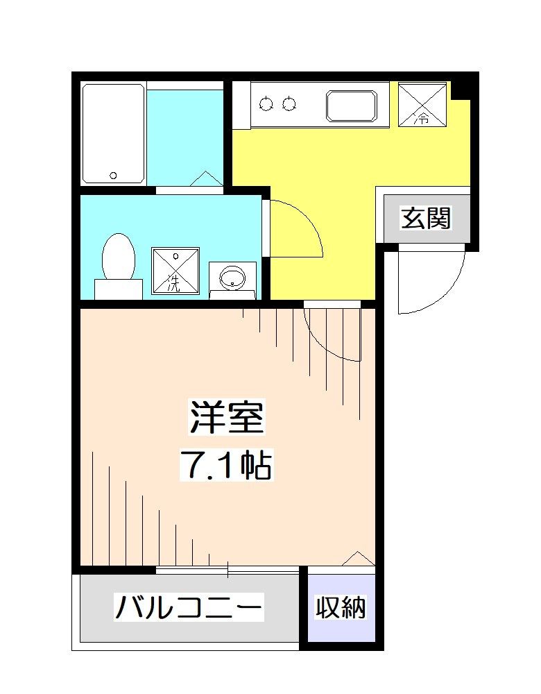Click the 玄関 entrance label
426,219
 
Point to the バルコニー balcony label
189,609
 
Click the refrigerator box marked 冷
422,104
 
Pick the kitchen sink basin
352,105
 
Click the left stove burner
267,105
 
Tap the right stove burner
289,105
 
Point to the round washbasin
232,279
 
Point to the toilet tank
118,289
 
